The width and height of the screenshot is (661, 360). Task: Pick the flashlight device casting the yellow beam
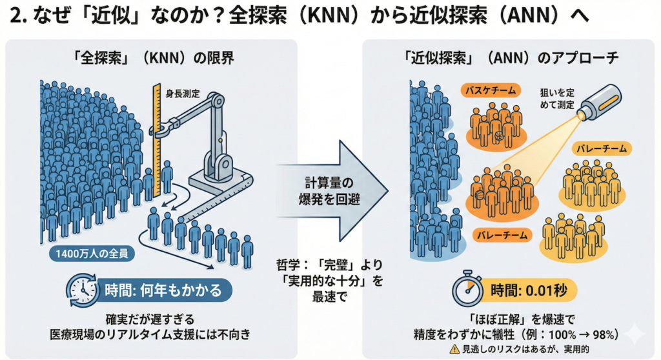[597, 105]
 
